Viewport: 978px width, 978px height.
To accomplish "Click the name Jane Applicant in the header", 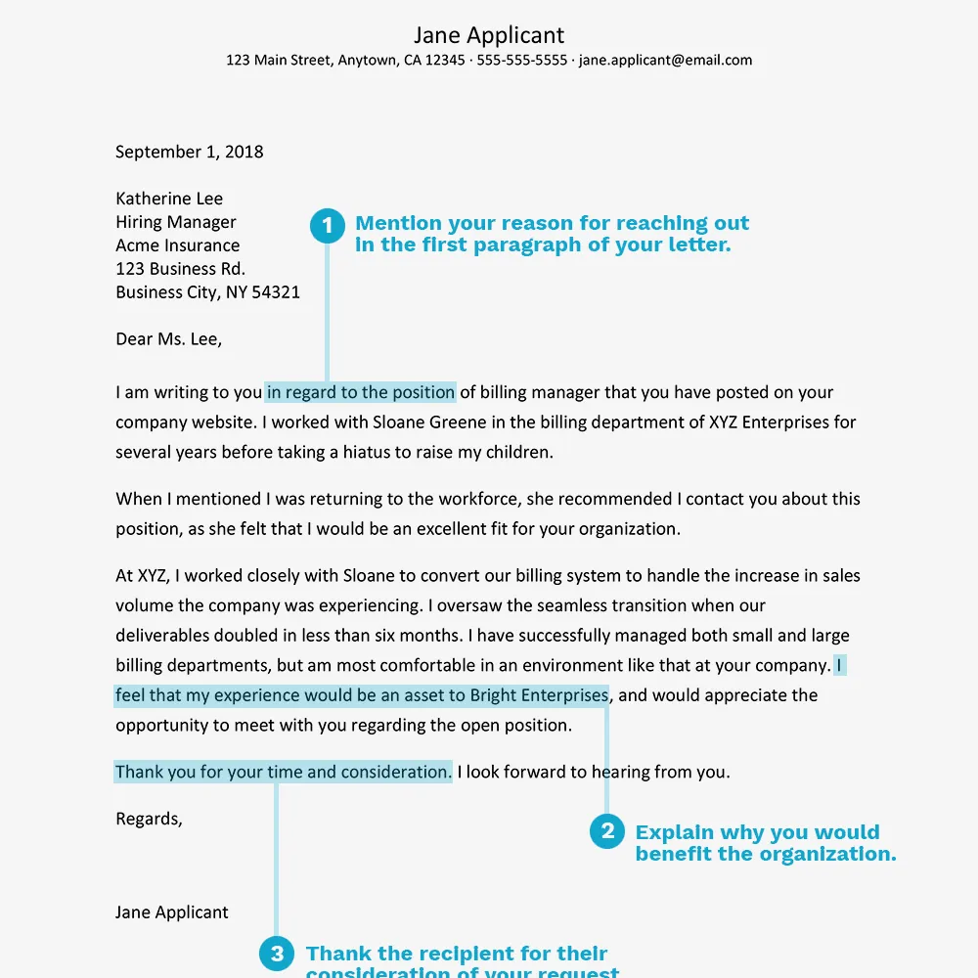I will click(x=489, y=35).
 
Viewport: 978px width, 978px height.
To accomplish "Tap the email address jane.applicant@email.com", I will click(x=665, y=60).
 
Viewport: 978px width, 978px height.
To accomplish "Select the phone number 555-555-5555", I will click(x=521, y=60).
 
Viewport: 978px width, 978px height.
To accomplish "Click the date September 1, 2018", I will click(x=189, y=152).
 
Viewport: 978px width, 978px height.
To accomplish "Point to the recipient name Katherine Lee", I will click(x=169, y=199).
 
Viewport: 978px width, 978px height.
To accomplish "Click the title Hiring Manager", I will click(x=176, y=222).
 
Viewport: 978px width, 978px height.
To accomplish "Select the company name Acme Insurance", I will click(x=177, y=245).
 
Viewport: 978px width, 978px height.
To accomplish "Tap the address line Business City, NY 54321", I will click(x=207, y=292).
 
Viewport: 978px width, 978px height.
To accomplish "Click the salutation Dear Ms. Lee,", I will click(x=169, y=339).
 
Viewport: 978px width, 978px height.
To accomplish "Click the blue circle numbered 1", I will click(x=328, y=226).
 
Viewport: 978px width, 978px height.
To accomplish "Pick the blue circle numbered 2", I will click(x=607, y=831).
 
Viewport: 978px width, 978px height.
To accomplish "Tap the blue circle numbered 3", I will click(x=277, y=954).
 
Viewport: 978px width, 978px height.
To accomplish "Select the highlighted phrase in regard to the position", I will click(x=361, y=393).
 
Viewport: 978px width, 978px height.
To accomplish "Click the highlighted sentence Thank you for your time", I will click(x=284, y=772).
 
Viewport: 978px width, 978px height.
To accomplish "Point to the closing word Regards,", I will click(x=149, y=819).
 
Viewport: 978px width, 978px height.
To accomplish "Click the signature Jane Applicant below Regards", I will click(x=172, y=912).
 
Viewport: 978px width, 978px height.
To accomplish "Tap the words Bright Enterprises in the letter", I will click(x=539, y=695).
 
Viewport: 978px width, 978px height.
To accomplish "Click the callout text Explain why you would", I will click(x=757, y=832).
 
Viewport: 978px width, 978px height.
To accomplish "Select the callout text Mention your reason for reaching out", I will click(x=552, y=223).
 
